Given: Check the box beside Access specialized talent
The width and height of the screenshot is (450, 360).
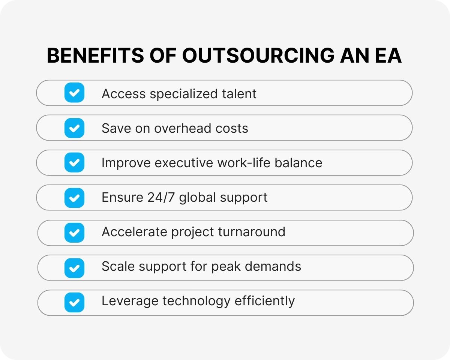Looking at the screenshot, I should point(74,93).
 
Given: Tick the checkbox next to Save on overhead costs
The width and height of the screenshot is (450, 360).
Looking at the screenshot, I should point(74,128).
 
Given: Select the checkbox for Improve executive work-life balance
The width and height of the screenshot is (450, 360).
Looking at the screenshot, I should point(74,163).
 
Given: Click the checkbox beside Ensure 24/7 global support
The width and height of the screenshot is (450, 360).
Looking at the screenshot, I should point(74,198).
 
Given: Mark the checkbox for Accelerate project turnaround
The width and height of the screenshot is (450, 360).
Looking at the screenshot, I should point(74,232).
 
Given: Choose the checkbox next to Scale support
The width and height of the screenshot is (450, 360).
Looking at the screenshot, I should point(74,267).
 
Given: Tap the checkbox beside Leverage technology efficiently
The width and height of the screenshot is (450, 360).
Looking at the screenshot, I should point(74,302).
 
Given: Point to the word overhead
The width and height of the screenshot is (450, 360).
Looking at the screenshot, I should point(175,128).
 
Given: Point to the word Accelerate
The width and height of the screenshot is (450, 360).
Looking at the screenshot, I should point(134,232).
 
